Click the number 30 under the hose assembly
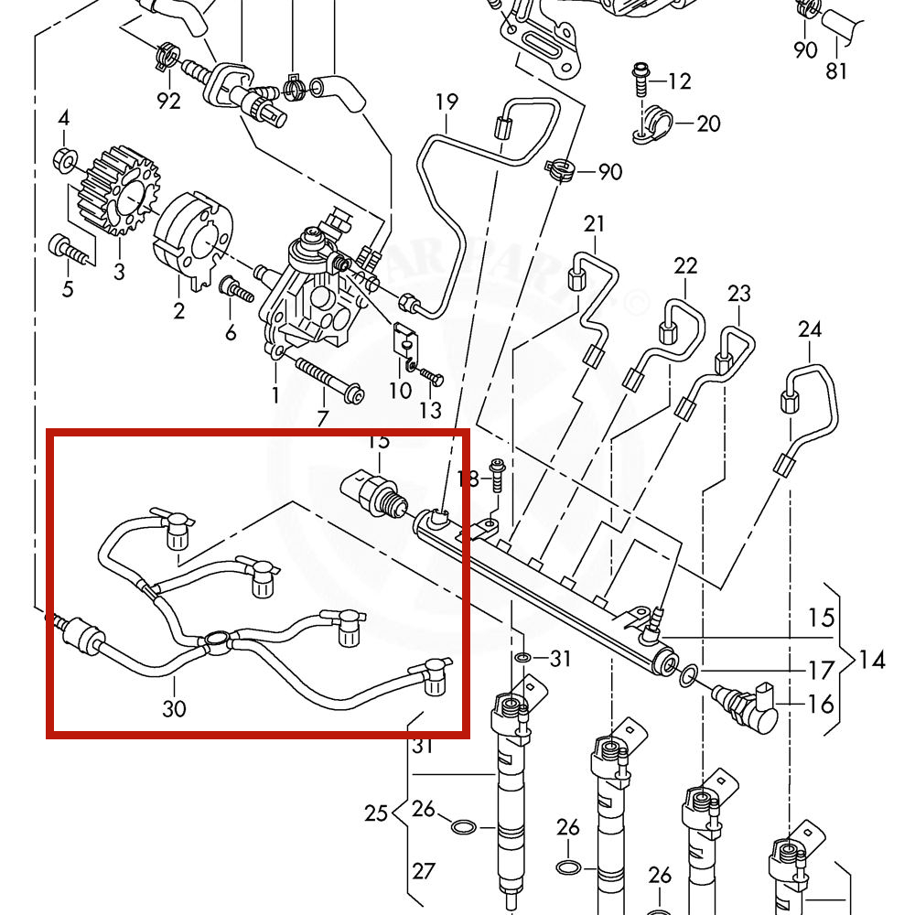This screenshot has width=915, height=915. (x=174, y=707)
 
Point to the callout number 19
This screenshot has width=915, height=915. (x=447, y=102)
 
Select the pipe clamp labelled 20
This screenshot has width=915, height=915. (x=651, y=125)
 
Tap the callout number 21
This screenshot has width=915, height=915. (x=595, y=224)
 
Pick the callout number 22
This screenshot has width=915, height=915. (x=685, y=266)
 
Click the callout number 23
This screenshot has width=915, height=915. (x=739, y=294)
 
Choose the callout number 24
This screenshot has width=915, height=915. (x=810, y=329)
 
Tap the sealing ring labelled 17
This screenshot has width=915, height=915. (x=686, y=676)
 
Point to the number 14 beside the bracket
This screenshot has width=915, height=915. (x=872, y=659)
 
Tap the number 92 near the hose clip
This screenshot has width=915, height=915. (x=169, y=101)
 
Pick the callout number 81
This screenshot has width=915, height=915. (x=836, y=70)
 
